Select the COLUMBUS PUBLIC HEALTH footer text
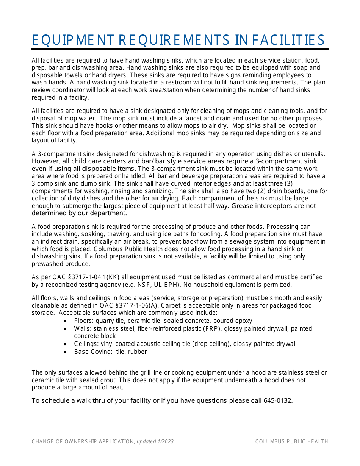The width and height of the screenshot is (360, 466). (291, 441)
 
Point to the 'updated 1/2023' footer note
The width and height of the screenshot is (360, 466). (155, 441)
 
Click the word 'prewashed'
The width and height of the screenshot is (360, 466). (46, 263)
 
